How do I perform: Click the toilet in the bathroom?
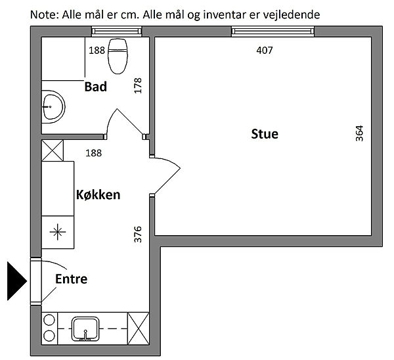[118, 56]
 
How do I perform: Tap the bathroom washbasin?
[53, 107]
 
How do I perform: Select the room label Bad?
[95, 87]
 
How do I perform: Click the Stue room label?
[265, 134]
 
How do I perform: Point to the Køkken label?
[98, 195]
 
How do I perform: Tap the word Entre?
[72, 279]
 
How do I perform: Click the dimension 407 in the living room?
[265, 51]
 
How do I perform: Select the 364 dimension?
[359, 133]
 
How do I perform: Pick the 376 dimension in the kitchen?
[138, 235]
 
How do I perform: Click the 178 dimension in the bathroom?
[138, 85]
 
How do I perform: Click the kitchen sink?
[85, 329]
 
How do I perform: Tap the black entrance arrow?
[17, 281]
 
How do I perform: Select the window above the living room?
[273, 31]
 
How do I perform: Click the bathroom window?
[117, 31]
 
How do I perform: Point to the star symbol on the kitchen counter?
[58, 232]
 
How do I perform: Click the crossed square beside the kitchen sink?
[139, 328]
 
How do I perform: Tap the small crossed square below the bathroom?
[53, 150]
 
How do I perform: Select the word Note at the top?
[45, 15]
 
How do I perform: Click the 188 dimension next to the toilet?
[97, 51]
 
